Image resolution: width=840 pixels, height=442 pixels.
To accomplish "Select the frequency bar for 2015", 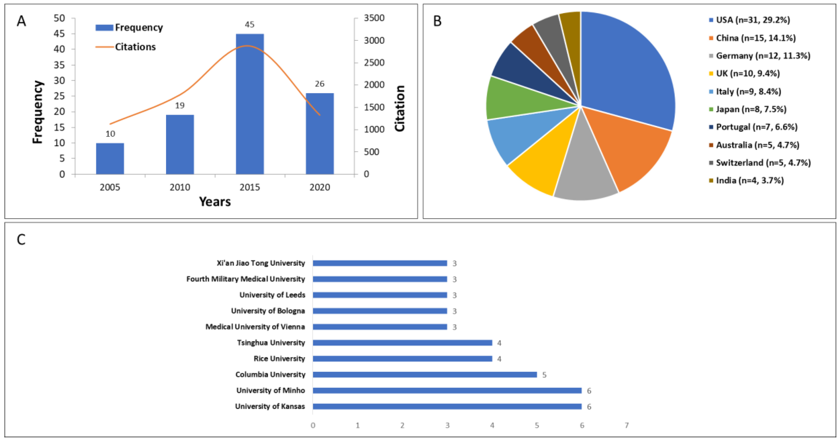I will click(x=250, y=104).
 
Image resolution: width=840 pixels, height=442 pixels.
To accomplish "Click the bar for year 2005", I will click(x=110, y=159).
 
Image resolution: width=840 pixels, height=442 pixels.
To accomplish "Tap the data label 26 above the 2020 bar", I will click(x=320, y=84).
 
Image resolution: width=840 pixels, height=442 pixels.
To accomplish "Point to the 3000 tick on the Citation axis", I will click(x=374, y=40).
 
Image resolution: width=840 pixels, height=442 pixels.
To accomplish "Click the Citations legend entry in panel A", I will click(x=135, y=47).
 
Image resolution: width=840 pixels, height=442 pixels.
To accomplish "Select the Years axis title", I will click(x=215, y=202).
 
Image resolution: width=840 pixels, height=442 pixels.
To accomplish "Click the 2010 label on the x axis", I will click(x=180, y=187).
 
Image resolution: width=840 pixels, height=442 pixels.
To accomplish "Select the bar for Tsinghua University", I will click(x=402, y=343).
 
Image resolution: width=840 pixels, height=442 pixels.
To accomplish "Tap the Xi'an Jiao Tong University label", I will click(x=261, y=263).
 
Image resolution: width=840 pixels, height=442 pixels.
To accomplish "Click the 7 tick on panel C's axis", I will click(x=626, y=425).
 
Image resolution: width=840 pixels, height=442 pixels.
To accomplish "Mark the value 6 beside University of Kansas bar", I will click(x=589, y=406).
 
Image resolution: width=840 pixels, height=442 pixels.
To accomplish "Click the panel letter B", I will click(x=437, y=21).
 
